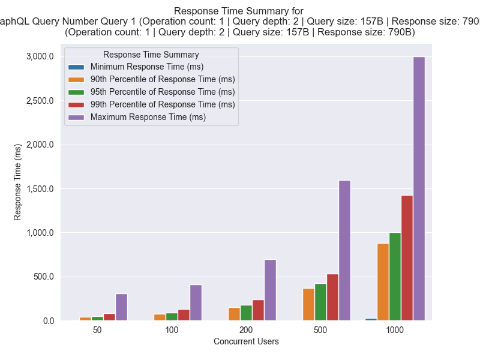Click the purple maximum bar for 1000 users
[x=419, y=188]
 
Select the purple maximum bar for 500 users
[x=344, y=250]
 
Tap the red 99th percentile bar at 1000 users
[x=407, y=258]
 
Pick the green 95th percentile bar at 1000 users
[x=395, y=277]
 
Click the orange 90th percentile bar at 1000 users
[x=383, y=282]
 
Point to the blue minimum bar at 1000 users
[x=371, y=319]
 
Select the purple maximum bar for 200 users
[x=270, y=290]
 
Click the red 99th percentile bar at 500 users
[x=332, y=298]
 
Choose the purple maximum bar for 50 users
[x=121, y=307]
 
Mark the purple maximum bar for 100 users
[x=196, y=303]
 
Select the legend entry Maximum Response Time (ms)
[x=148, y=117]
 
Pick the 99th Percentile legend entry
[x=163, y=104]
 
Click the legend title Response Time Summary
[x=151, y=55]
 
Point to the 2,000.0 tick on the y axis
[x=40, y=145]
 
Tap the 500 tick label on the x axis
[x=320, y=331]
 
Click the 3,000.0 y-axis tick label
[x=40, y=56]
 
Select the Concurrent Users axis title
[x=246, y=342]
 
